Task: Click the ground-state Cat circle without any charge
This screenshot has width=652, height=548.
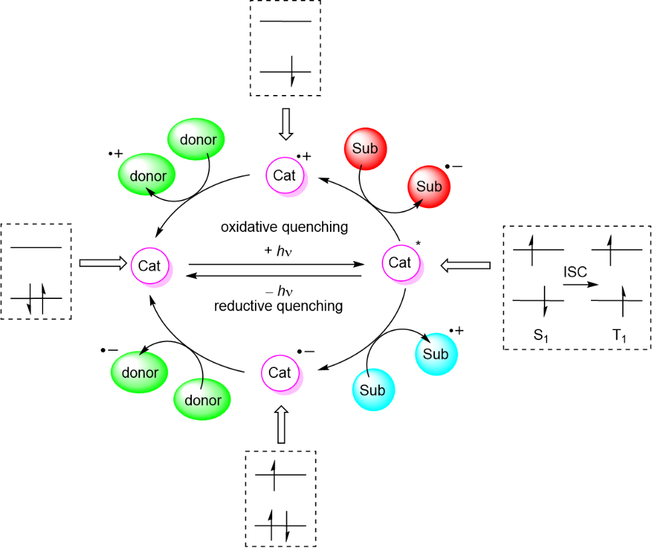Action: [149, 264]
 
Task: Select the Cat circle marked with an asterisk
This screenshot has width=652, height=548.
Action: [400, 263]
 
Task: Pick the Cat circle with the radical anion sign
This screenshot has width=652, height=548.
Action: [280, 373]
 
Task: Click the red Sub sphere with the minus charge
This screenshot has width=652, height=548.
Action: [428, 187]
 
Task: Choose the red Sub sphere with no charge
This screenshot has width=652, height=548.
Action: [365, 148]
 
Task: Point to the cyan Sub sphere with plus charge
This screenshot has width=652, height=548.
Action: [435, 354]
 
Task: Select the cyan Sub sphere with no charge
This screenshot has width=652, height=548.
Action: [372, 391]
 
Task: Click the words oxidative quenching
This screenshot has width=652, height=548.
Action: [284, 227]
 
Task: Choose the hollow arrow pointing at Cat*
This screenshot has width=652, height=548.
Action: [465, 266]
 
